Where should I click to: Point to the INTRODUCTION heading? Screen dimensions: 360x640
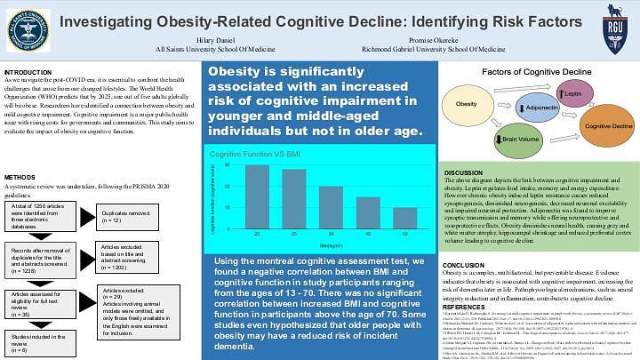click(x=28, y=72)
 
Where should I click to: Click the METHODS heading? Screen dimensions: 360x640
click(x=20, y=178)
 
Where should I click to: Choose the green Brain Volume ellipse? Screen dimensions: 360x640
click(x=521, y=140)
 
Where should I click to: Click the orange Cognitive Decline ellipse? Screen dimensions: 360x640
click(x=600, y=127)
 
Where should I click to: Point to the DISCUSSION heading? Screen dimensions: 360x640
click(x=463, y=172)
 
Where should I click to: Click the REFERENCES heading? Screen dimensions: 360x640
click(x=464, y=307)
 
